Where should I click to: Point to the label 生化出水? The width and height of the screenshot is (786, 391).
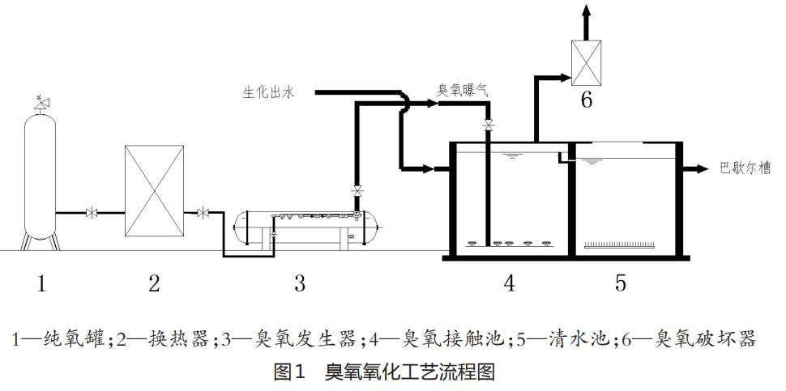(x=269, y=92)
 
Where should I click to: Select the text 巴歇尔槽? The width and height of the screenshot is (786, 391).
(x=745, y=168)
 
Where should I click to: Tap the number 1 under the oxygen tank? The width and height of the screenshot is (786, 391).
(x=41, y=283)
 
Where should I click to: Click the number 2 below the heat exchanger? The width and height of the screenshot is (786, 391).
(x=154, y=283)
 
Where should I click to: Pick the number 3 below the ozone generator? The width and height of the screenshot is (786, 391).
(x=300, y=283)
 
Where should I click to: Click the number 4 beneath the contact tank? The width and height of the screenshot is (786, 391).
(x=509, y=283)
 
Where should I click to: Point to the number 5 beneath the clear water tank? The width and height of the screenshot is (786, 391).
(x=621, y=283)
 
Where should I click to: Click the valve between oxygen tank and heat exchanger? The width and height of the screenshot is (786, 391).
(x=92, y=213)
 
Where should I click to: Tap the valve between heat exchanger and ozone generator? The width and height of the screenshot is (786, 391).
(x=202, y=213)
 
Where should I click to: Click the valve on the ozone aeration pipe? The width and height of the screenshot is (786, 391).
(x=488, y=125)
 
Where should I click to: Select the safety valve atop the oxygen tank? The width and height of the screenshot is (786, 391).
(x=41, y=102)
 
